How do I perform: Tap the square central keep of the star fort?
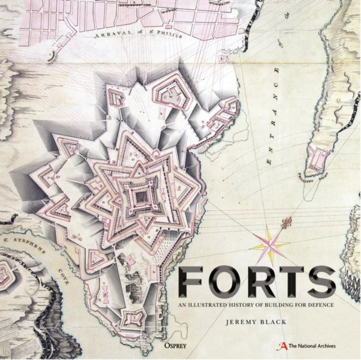pos(136,197)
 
